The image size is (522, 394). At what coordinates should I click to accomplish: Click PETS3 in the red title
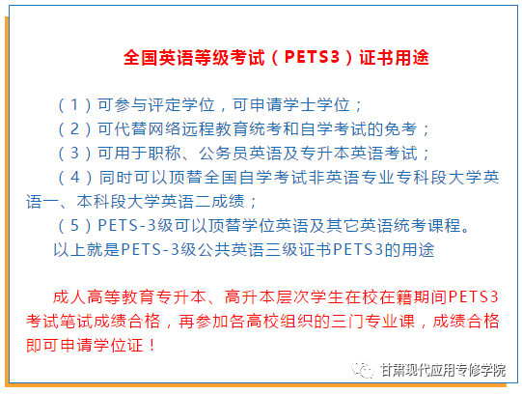click(x=312, y=57)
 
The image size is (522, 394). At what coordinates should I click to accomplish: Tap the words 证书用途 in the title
click(x=394, y=57)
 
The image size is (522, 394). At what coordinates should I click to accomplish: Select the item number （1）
click(x=74, y=105)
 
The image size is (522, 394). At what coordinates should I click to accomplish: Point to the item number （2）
click(x=74, y=129)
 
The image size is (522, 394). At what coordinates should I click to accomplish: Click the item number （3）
click(x=74, y=154)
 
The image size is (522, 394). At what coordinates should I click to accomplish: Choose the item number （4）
click(x=75, y=177)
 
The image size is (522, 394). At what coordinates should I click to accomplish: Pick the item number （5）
click(x=74, y=225)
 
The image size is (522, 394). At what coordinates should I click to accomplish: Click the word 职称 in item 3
click(x=165, y=154)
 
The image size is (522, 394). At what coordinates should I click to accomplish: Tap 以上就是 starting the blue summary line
click(x=87, y=249)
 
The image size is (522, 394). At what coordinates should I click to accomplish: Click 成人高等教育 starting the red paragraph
click(x=103, y=297)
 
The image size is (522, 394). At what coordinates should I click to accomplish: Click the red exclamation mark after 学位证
click(x=152, y=345)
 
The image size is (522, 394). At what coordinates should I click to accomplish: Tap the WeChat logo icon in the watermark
click(x=363, y=369)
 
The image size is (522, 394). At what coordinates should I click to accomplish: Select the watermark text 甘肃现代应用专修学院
click(x=443, y=370)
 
